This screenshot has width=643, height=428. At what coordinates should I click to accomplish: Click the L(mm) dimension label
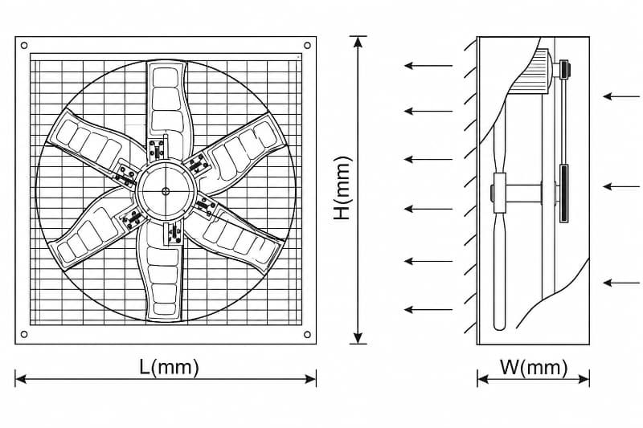coord(169,367)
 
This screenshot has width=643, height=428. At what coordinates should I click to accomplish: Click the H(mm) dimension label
coord(342,188)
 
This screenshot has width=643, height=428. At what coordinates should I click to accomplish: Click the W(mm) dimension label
coord(534,368)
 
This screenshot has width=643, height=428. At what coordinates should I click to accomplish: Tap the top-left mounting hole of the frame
coord(24,46)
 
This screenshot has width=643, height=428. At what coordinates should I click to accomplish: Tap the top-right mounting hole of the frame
coord(307,45)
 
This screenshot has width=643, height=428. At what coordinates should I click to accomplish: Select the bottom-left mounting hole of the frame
coord(24,334)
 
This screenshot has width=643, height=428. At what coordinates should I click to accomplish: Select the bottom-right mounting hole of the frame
coord(307,334)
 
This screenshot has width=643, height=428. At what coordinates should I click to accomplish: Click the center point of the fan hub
coord(166,191)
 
